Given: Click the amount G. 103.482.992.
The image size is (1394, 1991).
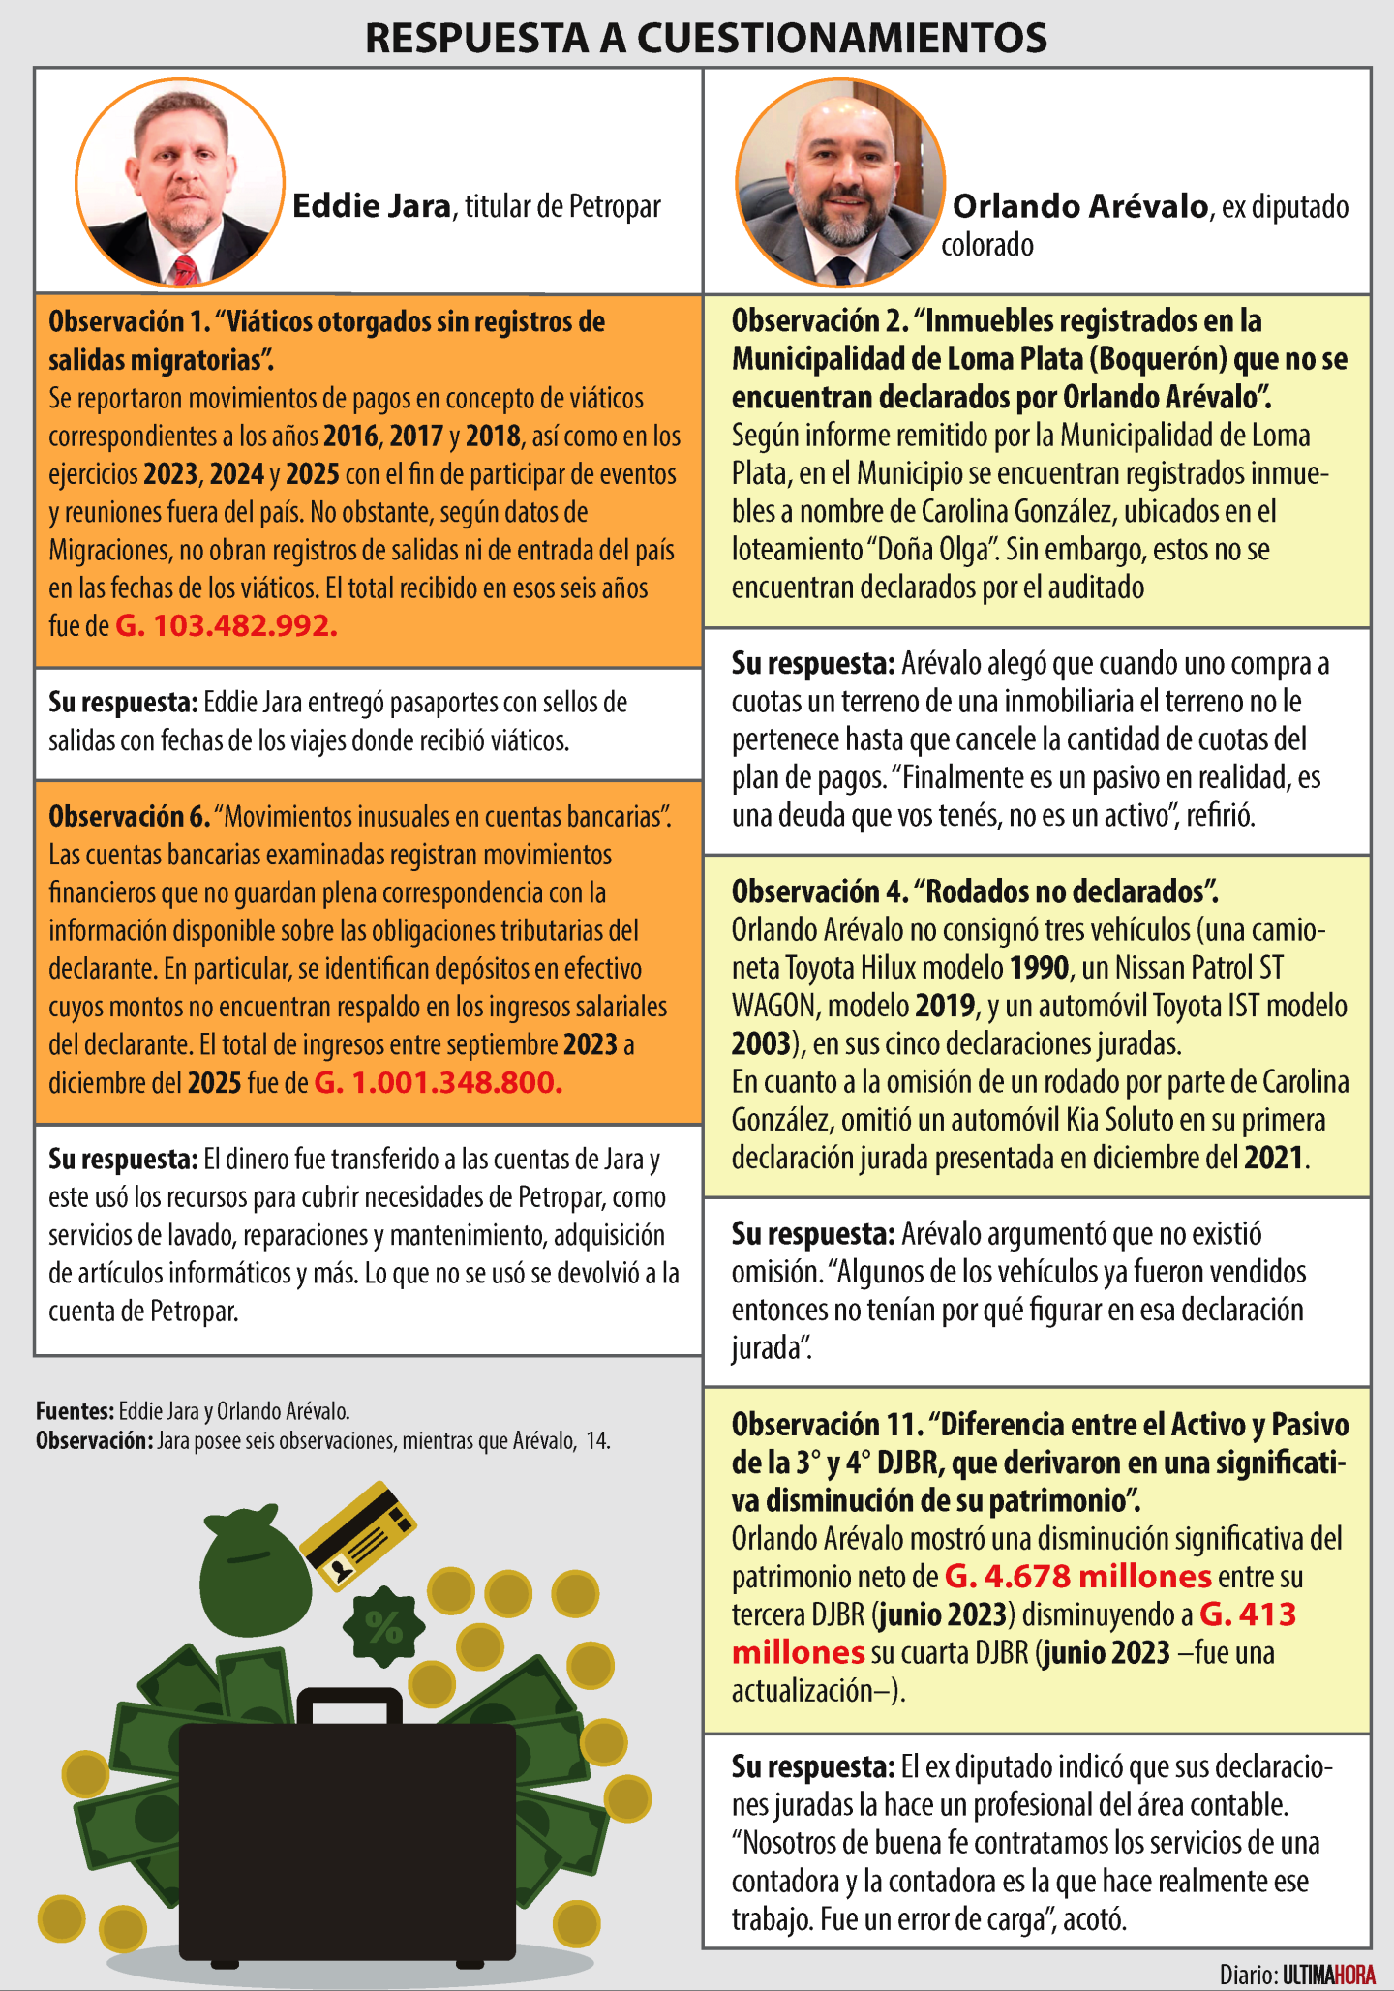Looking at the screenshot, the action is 227,626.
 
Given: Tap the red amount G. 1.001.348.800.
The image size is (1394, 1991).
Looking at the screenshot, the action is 438,1082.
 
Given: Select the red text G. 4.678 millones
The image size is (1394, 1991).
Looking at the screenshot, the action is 1077,1577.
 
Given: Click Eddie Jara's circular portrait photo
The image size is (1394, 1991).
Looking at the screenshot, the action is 180,183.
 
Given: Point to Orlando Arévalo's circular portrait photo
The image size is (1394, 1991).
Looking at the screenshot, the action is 839,183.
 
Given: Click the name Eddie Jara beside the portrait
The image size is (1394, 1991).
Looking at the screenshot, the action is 372,206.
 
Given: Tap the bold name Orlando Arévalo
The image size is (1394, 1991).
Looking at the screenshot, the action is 1080,206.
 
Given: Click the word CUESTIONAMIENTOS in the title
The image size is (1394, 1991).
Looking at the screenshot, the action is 841,39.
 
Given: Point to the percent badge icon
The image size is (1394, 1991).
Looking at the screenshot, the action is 384,1628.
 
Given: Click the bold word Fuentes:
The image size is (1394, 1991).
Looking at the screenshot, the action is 75,1411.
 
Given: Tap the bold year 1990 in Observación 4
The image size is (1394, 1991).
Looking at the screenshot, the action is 1040,968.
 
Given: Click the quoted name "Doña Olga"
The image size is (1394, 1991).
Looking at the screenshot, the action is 932,550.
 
